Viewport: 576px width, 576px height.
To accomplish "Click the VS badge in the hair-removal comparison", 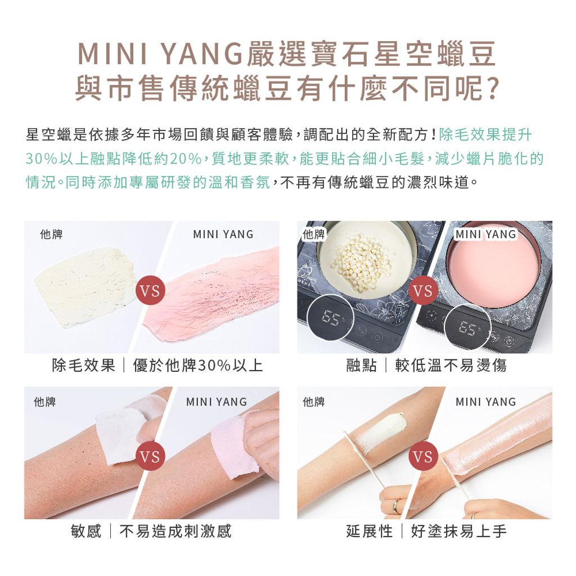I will [150, 291].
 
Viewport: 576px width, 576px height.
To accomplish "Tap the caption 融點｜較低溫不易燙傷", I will [426, 366].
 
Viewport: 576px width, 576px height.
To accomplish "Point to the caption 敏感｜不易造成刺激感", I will [151, 531].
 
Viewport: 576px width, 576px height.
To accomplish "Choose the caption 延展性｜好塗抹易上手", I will [426, 531].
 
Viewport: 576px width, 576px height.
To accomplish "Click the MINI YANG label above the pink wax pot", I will [486, 234].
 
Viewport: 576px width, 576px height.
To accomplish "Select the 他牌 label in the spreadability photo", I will [313, 402].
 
